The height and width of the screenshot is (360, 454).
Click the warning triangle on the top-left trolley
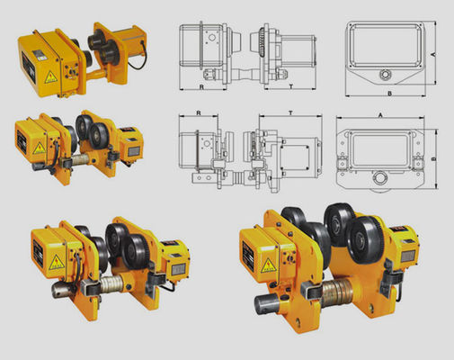click(x=51, y=77)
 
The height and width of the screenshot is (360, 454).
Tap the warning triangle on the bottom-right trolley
click(x=267, y=264)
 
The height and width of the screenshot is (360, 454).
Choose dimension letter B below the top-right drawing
click(x=388, y=93)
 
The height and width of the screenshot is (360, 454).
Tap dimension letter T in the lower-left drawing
click(x=289, y=114)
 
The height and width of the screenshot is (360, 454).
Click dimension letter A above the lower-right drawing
click(x=381, y=114)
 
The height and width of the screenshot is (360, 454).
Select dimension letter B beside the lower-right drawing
click(x=433, y=159)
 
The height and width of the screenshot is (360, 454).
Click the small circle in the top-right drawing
click(x=387, y=73)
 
